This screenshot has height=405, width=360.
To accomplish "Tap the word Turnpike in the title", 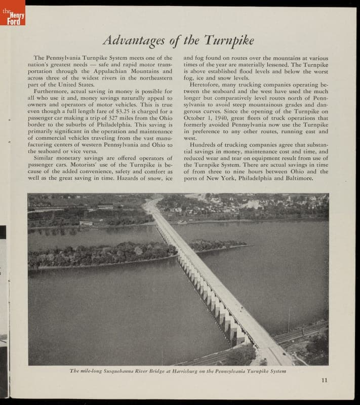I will pyautogui.click(x=229, y=39).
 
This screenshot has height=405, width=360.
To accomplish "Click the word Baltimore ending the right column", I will pyautogui.click(x=297, y=178).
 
